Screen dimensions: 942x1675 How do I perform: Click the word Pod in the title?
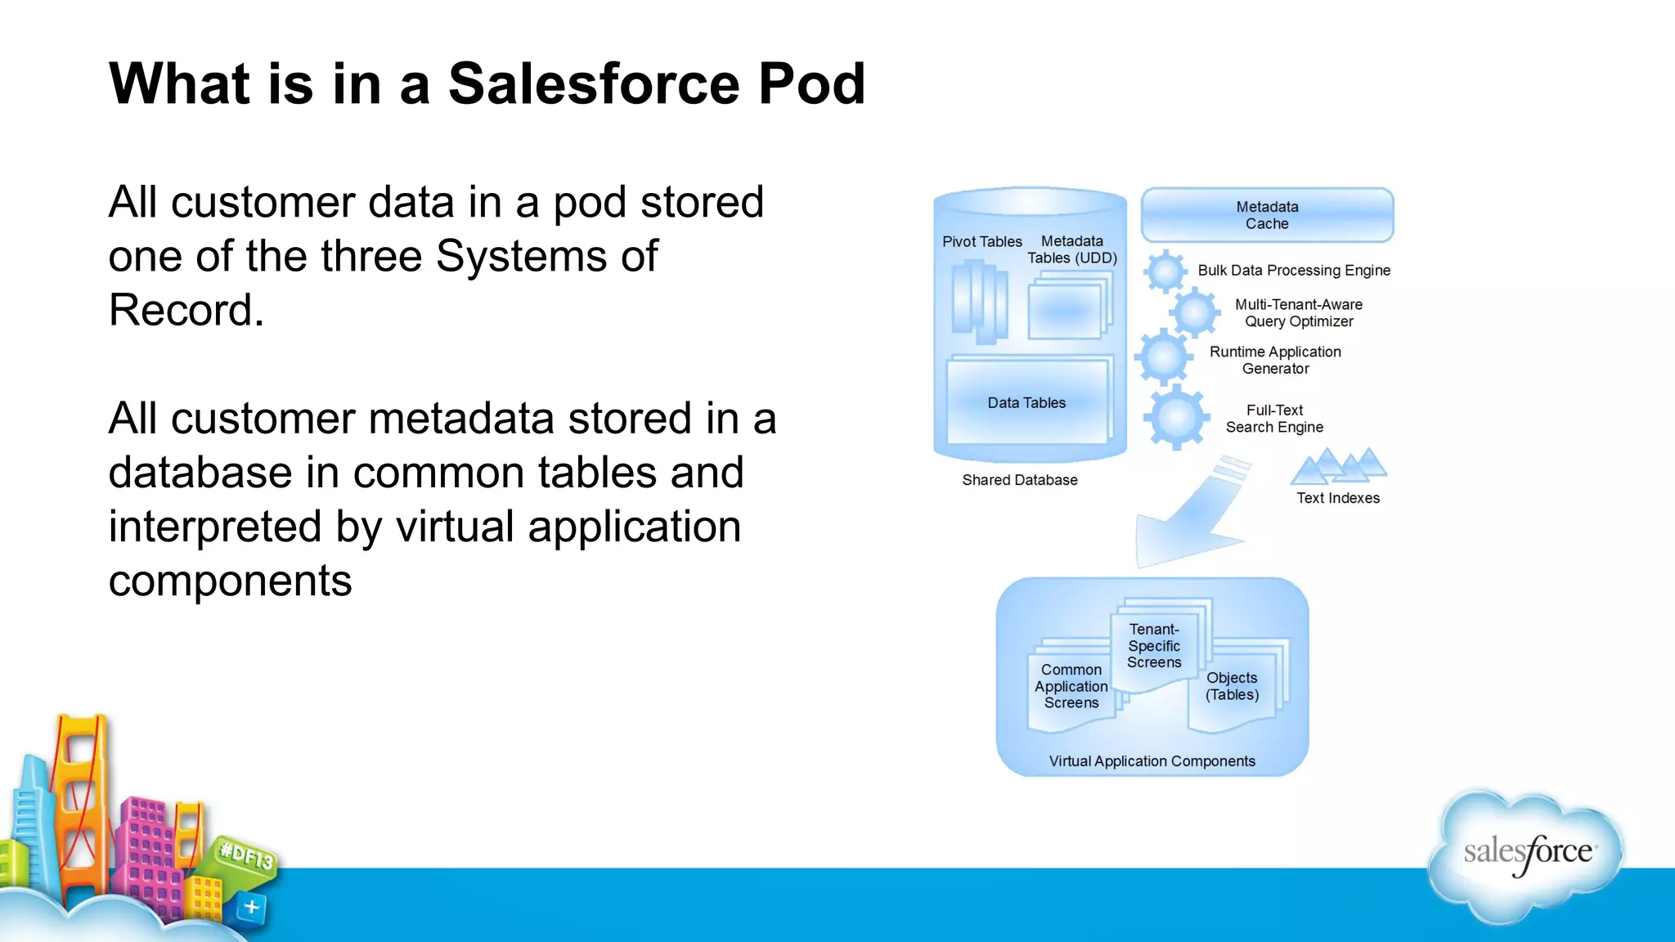click(811, 84)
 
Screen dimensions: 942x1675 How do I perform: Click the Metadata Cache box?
click(1267, 215)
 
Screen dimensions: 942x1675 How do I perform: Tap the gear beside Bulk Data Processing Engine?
click(1165, 271)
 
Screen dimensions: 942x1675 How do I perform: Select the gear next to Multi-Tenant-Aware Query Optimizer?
click(1194, 312)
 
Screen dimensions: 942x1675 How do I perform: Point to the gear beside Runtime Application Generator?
click(1163, 357)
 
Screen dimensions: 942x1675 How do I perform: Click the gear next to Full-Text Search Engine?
click(1176, 418)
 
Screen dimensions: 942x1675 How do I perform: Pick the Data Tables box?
click(1026, 402)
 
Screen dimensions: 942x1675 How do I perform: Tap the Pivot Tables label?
click(981, 242)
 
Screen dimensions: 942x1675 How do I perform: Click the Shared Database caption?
click(1019, 480)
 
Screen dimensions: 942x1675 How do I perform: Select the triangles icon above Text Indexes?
click(1338, 467)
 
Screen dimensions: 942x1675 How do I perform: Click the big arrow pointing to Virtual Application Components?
click(1190, 523)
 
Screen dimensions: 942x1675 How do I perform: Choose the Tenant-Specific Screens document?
click(1154, 646)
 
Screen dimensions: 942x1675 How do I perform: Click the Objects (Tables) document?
click(1232, 687)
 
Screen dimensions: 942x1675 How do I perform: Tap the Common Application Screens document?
click(1071, 687)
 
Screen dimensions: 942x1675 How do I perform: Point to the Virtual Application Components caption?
click(1152, 761)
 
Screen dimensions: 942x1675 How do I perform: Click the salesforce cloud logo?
click(1526, 855)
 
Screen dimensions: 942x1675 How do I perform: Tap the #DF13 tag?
click(246, 856)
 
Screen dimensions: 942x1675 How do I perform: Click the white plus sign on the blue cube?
click(251, 907)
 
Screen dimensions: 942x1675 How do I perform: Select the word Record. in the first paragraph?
click(186, 311)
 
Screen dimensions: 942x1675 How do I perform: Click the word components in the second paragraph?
click(230, 581)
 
